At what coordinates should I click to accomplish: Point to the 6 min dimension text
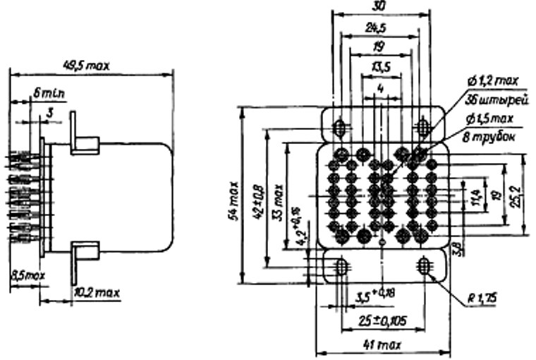point(47,90)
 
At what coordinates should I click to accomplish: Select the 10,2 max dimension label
point(96,292)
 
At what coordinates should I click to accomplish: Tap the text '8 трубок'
point(488,135)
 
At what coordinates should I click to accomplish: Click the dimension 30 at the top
point(380,6)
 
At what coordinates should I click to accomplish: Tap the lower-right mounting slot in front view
point(424,266)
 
